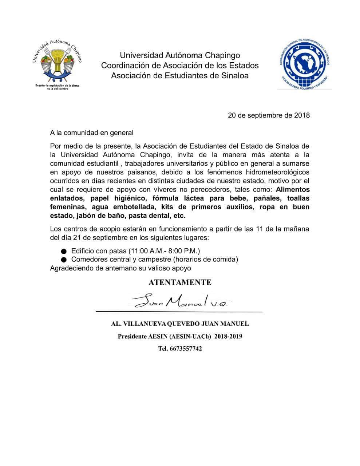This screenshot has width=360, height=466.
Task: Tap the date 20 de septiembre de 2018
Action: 269,115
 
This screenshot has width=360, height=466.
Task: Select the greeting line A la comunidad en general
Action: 92,133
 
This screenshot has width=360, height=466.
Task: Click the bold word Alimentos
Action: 293,190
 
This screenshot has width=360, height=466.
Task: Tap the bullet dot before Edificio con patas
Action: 64,251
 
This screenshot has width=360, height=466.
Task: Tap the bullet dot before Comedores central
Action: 64,260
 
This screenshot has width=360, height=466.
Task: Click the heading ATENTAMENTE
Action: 180,283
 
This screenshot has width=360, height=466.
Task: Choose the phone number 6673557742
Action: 186,348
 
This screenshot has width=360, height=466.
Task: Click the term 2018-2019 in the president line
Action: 228,336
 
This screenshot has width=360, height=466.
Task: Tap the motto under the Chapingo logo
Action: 57,87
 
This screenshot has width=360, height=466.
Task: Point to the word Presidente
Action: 132,336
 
